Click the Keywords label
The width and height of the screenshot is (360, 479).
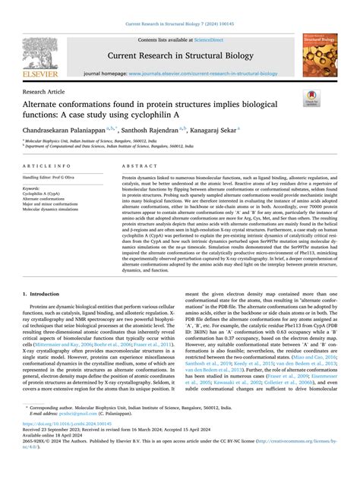[x=32, y=188]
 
